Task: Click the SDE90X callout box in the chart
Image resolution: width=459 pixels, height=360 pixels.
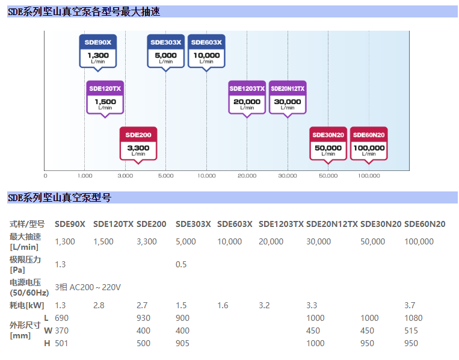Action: pyautogui.click(x=98, y=51)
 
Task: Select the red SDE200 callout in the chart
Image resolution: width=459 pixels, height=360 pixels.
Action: pyautogui.click(x=138, y=143)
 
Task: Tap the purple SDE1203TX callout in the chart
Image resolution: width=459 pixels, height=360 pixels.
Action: pyautogui.click(x=247, y=97)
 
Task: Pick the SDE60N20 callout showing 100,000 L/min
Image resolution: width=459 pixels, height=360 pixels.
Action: pyautogui.click(x=369, y=143)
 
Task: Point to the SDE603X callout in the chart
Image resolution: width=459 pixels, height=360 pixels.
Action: pyautogui.click(x=206, y=51)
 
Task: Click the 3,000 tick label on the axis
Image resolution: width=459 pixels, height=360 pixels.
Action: pyautogui.click(x=125, y=176)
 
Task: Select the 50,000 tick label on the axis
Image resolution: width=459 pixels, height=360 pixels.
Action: pyautogui.click(x=328, y=176)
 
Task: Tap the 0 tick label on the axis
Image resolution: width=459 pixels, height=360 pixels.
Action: pyautogui.click(x=45, y=176)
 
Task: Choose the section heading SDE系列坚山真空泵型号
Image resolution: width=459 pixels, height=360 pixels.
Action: pyautogui.click(x=59, y=197)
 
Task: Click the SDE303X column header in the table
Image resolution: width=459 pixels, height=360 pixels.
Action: pyautogui.click(x=193, y=224)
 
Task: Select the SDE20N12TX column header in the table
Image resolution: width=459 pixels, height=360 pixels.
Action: pyautogui.click(x=332, y=224)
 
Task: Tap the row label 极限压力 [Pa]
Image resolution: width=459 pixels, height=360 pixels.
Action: pyautogui.click(x=25, y=264)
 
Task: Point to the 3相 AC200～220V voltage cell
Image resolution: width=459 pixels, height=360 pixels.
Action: pyautogui.click(x=88, y=287)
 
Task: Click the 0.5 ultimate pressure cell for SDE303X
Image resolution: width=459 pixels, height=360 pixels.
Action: pyautogui.click(x=181, y=264)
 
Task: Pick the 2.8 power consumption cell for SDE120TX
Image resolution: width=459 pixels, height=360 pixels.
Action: pyautogui.click(x=99, y=305)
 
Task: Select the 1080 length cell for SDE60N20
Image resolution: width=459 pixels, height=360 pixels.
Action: pyautogui.click(x=413, y=318)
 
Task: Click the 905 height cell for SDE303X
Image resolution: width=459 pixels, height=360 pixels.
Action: pyautogui.click(x=182, y=343)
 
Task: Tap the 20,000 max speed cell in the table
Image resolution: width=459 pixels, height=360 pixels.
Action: pyautogui.click(x=271, y=241)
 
